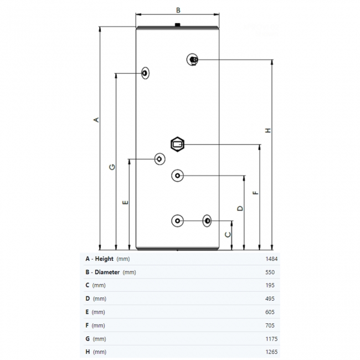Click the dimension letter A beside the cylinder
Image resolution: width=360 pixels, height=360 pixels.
point(95,120)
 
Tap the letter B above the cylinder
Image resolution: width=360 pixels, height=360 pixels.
point(178,10)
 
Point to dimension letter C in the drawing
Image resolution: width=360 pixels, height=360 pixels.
point(227,234)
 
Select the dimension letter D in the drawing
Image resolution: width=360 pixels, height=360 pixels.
point(240,208)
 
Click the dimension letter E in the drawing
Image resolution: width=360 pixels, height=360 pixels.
point(125,202)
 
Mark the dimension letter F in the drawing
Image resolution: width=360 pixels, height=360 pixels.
point(255,193)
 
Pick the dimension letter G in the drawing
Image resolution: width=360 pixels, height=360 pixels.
point(112,167)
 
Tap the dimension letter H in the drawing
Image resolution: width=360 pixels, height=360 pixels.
point(268,131)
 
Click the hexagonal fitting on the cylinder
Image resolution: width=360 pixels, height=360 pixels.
point(178,145)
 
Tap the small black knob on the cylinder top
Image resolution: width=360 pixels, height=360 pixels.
point(177,24)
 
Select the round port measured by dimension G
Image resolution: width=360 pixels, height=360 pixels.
point(145,73)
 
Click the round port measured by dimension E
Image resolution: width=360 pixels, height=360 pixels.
point(160,159)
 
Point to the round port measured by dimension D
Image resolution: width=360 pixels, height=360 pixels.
point(177,176)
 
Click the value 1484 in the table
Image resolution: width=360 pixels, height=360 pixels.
point(271,259)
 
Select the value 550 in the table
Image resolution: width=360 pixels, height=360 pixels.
point(272,272)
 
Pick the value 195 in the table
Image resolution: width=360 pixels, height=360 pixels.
point(272,285)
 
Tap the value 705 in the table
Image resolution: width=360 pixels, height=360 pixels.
point(272,325)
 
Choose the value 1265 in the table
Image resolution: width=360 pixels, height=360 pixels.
point(271,352)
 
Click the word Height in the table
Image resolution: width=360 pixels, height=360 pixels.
point(104,259)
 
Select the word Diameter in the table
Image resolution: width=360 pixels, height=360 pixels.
point(107,272)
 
